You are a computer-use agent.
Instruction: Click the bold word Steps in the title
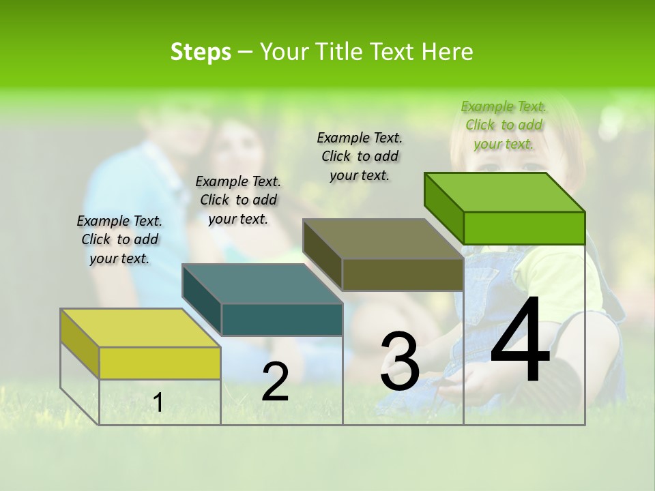coord(201,52)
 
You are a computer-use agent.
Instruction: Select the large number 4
coord(520,340)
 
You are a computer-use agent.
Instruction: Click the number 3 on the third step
coord(400,361)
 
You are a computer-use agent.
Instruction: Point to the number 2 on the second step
coord(275,381)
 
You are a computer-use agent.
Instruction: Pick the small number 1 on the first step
coord(158,403)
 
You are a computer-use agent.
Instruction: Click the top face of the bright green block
coord(504,192)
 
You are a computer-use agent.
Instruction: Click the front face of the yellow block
coord(160,363)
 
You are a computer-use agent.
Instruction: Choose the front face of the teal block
coord(282,319)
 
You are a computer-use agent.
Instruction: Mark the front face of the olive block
coord(403,275)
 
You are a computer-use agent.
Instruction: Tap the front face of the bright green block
coord(524,228)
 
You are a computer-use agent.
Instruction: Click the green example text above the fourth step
coord(504,125)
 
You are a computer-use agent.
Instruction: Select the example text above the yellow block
coord(119,239)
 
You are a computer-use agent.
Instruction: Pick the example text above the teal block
coord(238,200)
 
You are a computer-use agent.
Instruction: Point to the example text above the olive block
coord(360,156)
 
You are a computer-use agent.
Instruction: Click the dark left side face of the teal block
coord(202,300)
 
